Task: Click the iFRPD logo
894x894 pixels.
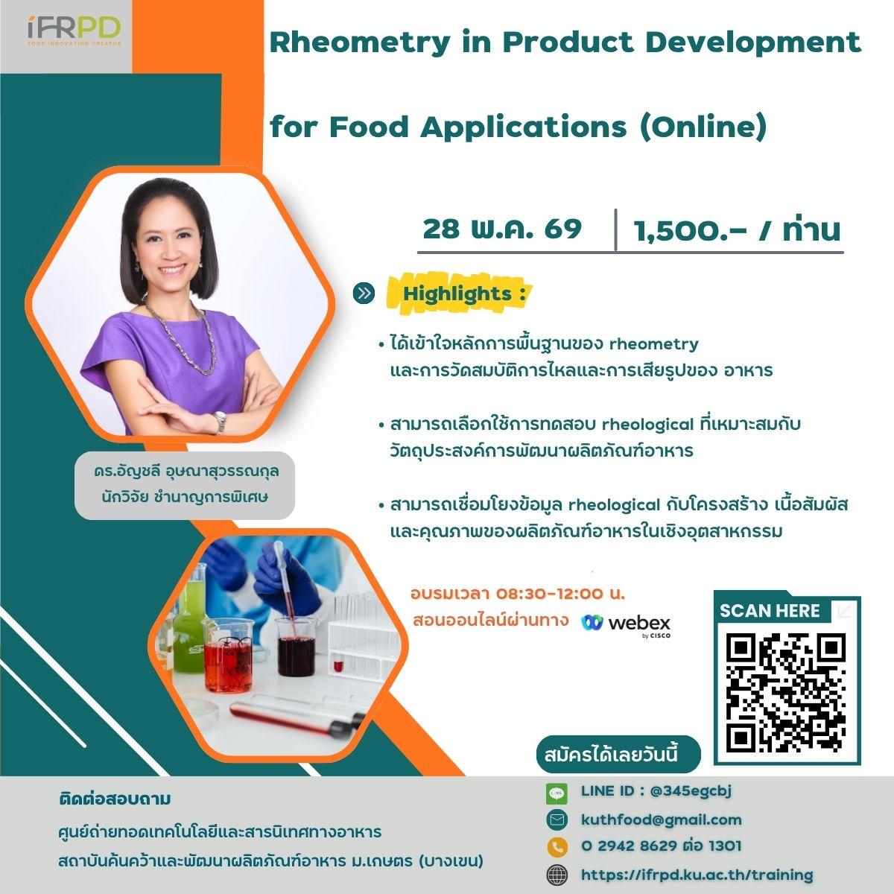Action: click(74, 31)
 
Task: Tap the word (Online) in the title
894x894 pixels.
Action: click(703, 127)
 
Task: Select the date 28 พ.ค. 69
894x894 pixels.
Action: click(502, 229)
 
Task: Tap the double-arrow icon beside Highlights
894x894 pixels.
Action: click(364, 294)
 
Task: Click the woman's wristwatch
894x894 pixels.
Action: click(220, 422)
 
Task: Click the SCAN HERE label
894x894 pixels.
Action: click(770, 611)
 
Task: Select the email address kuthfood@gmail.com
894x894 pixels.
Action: click(661, 819)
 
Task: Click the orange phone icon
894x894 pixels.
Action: click(557, 847)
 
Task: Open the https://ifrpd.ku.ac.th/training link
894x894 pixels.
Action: click(697, 875)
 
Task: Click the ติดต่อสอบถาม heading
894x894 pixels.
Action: click(115, 799)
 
